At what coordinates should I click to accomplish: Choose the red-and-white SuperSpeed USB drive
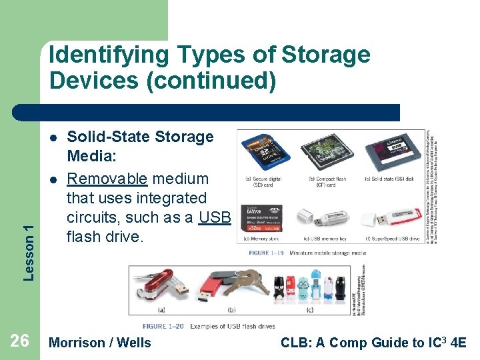coord(390,218)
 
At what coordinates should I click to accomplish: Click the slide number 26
coord(20,341)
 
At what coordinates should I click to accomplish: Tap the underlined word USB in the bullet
coord(214,217)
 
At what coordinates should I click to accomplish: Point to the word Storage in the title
coord(326,54)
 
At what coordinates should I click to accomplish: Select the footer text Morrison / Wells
coord(101,343)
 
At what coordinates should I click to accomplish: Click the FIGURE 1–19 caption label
coord(267,253)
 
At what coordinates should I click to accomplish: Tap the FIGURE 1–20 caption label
coord(165,326)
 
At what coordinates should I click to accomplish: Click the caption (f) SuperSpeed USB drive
coord(392,238)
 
